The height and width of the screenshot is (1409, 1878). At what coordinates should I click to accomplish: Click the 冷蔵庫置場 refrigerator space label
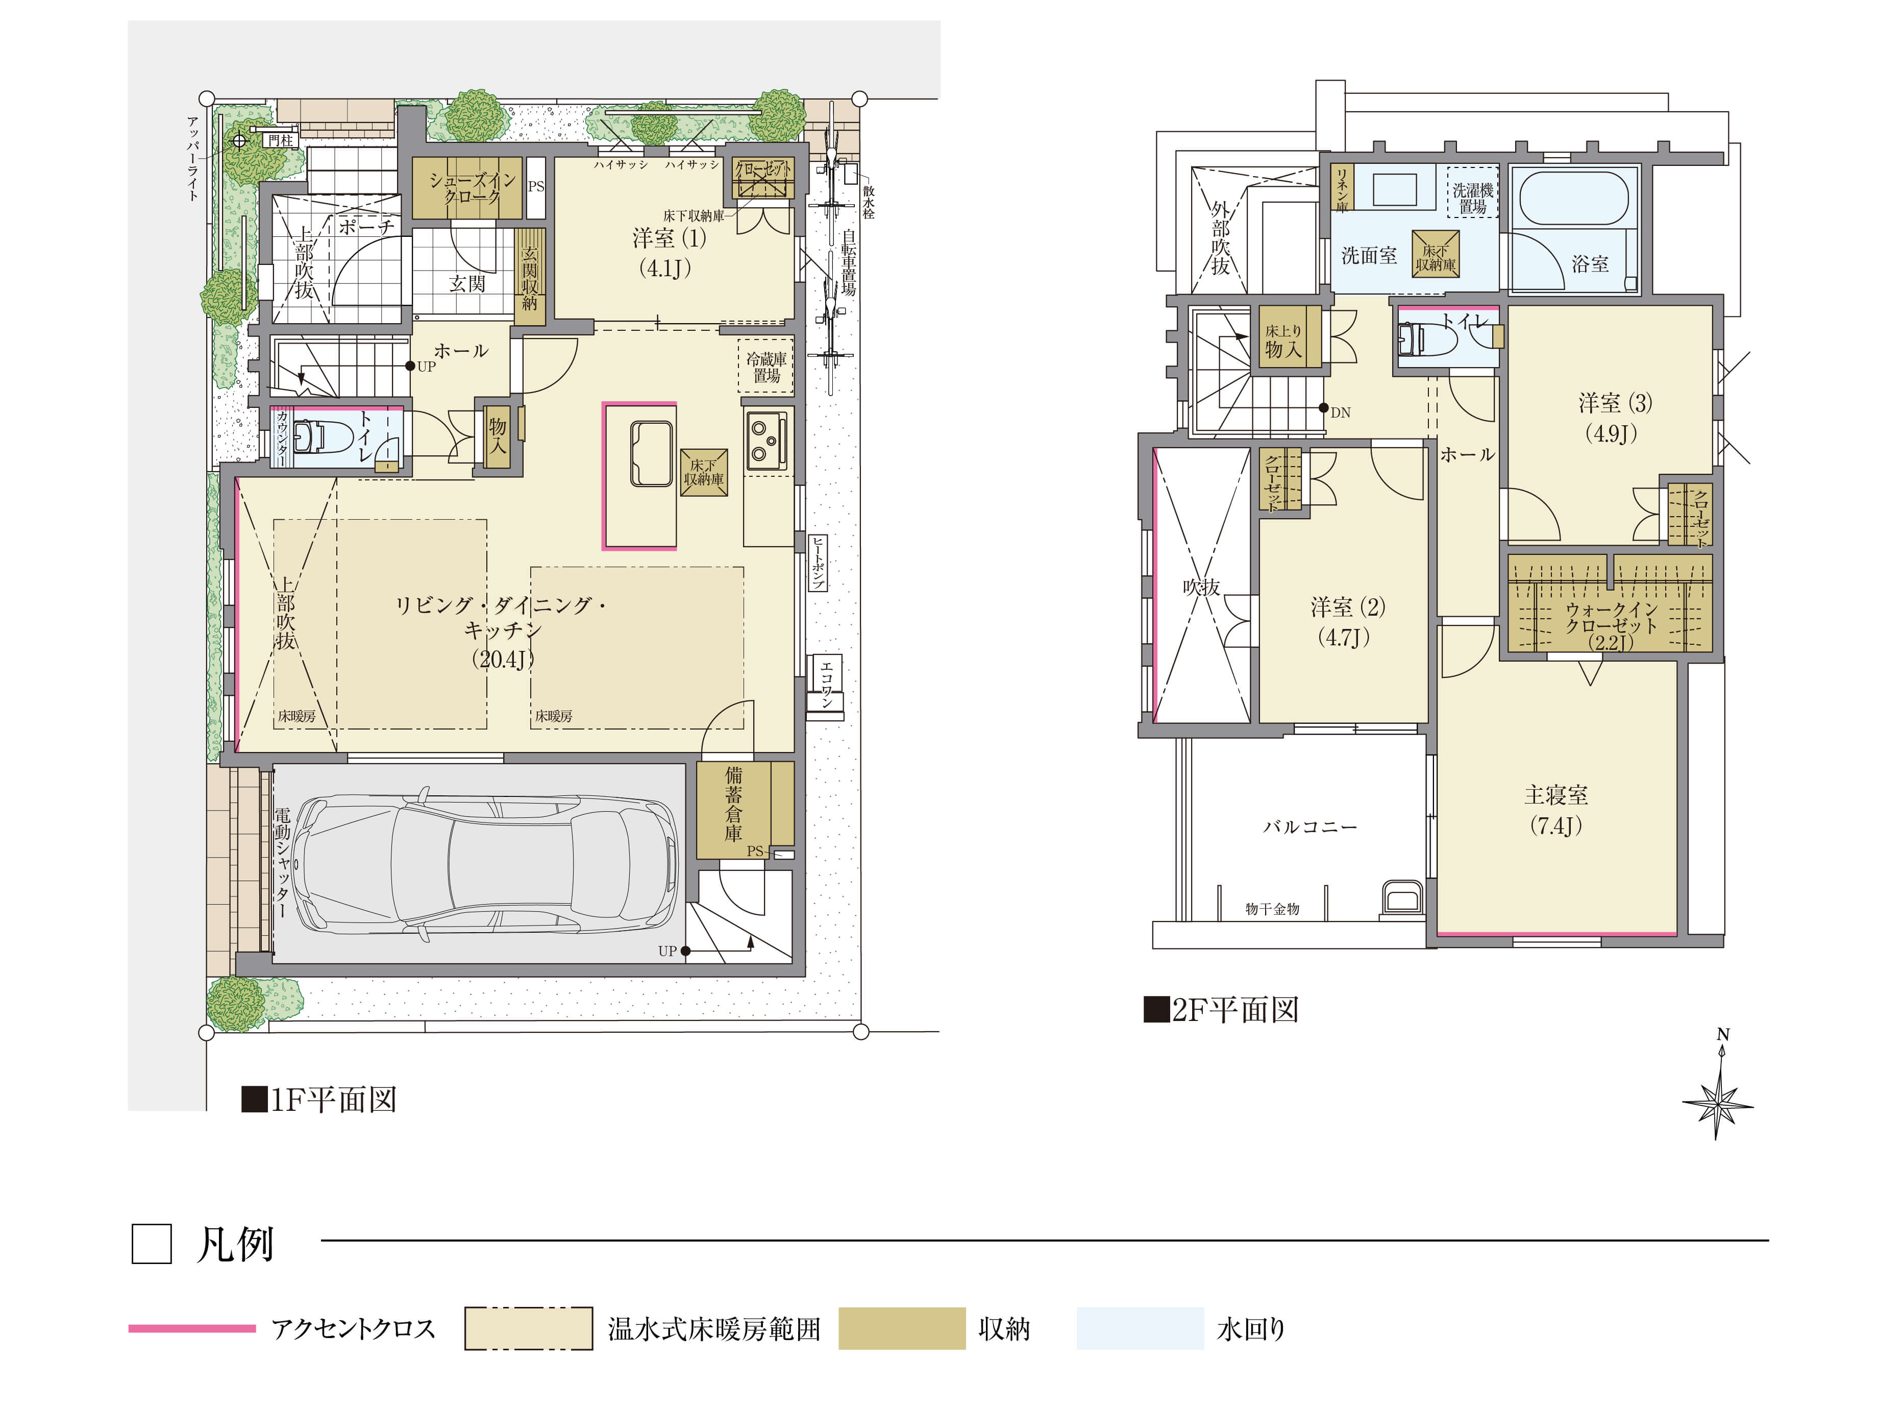767,367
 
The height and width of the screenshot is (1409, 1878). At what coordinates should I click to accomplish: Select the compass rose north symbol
1718,1086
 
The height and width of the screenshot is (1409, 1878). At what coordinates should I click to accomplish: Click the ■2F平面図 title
1221,1010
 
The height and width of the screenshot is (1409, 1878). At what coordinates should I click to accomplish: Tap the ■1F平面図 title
319,1099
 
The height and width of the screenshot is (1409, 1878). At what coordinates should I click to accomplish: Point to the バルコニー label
1310,827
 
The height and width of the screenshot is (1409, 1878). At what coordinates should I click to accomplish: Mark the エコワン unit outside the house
825,686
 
